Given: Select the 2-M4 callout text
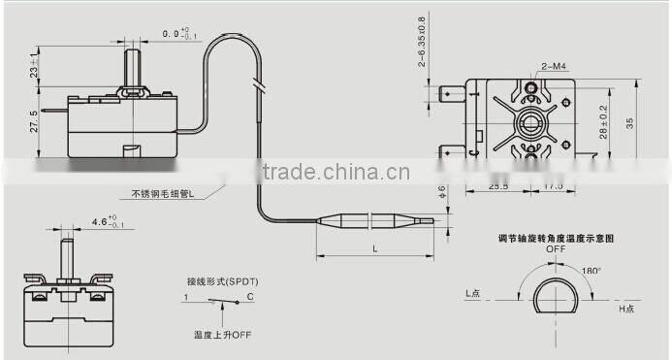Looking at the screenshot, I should [555, 66].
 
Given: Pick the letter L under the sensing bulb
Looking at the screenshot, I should [374, 250].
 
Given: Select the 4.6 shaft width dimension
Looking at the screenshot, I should [99, 222].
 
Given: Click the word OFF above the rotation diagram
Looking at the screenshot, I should [555, 248].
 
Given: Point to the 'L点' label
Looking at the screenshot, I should [473, 292].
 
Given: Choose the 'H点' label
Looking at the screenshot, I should [627, 308].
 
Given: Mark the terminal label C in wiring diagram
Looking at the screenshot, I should [250, 295].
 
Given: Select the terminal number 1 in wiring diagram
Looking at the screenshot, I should [185, 295].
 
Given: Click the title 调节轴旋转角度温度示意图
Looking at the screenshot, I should [555, 237].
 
